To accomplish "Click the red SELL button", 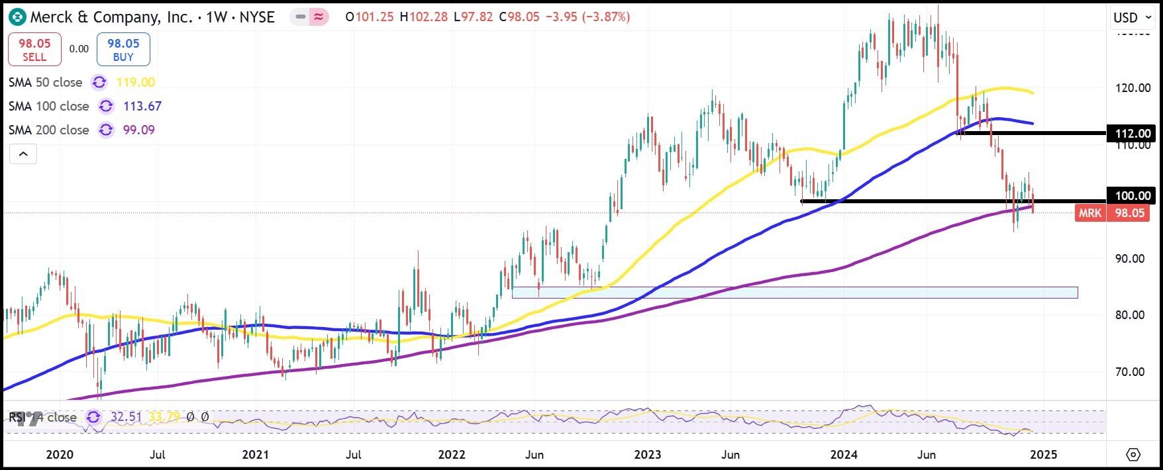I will [x=34, y=50].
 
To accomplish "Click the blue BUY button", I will [x=123, y=50].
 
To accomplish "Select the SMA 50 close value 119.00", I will [x=135, y=82].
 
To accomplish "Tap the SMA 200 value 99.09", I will [x=135, y=130].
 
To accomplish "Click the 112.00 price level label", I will [x=1133, y=134].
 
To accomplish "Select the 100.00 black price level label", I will [x=1133, y=195].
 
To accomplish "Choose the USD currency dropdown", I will [x=1133, y=18].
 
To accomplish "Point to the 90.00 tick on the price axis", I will [x=1130, y=258].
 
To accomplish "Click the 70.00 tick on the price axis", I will [x=1130, y=372].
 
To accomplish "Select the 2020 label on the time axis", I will [x=60, y=455].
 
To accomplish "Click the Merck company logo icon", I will [x=17, y=17].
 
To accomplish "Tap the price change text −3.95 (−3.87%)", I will [x=587, y=17].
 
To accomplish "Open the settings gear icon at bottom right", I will [x=1133, y=455].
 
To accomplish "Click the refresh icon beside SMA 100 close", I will [x=105, y=106].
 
